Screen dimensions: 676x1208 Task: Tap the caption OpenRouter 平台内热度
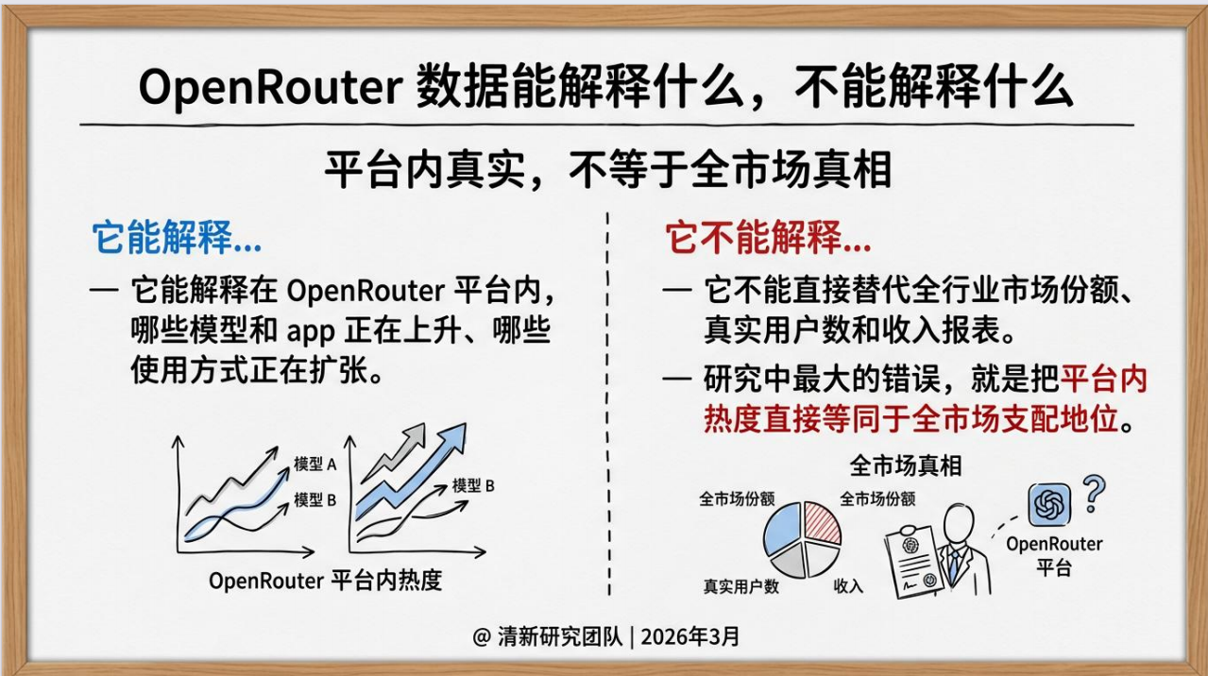point(325,580)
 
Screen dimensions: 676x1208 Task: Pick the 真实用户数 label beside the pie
point(740,586)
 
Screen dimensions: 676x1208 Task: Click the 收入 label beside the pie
point(848,586)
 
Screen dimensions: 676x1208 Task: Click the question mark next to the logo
point(1093,492)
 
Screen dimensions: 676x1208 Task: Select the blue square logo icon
point(1046,504)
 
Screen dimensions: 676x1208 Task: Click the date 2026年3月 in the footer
point(689,636)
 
